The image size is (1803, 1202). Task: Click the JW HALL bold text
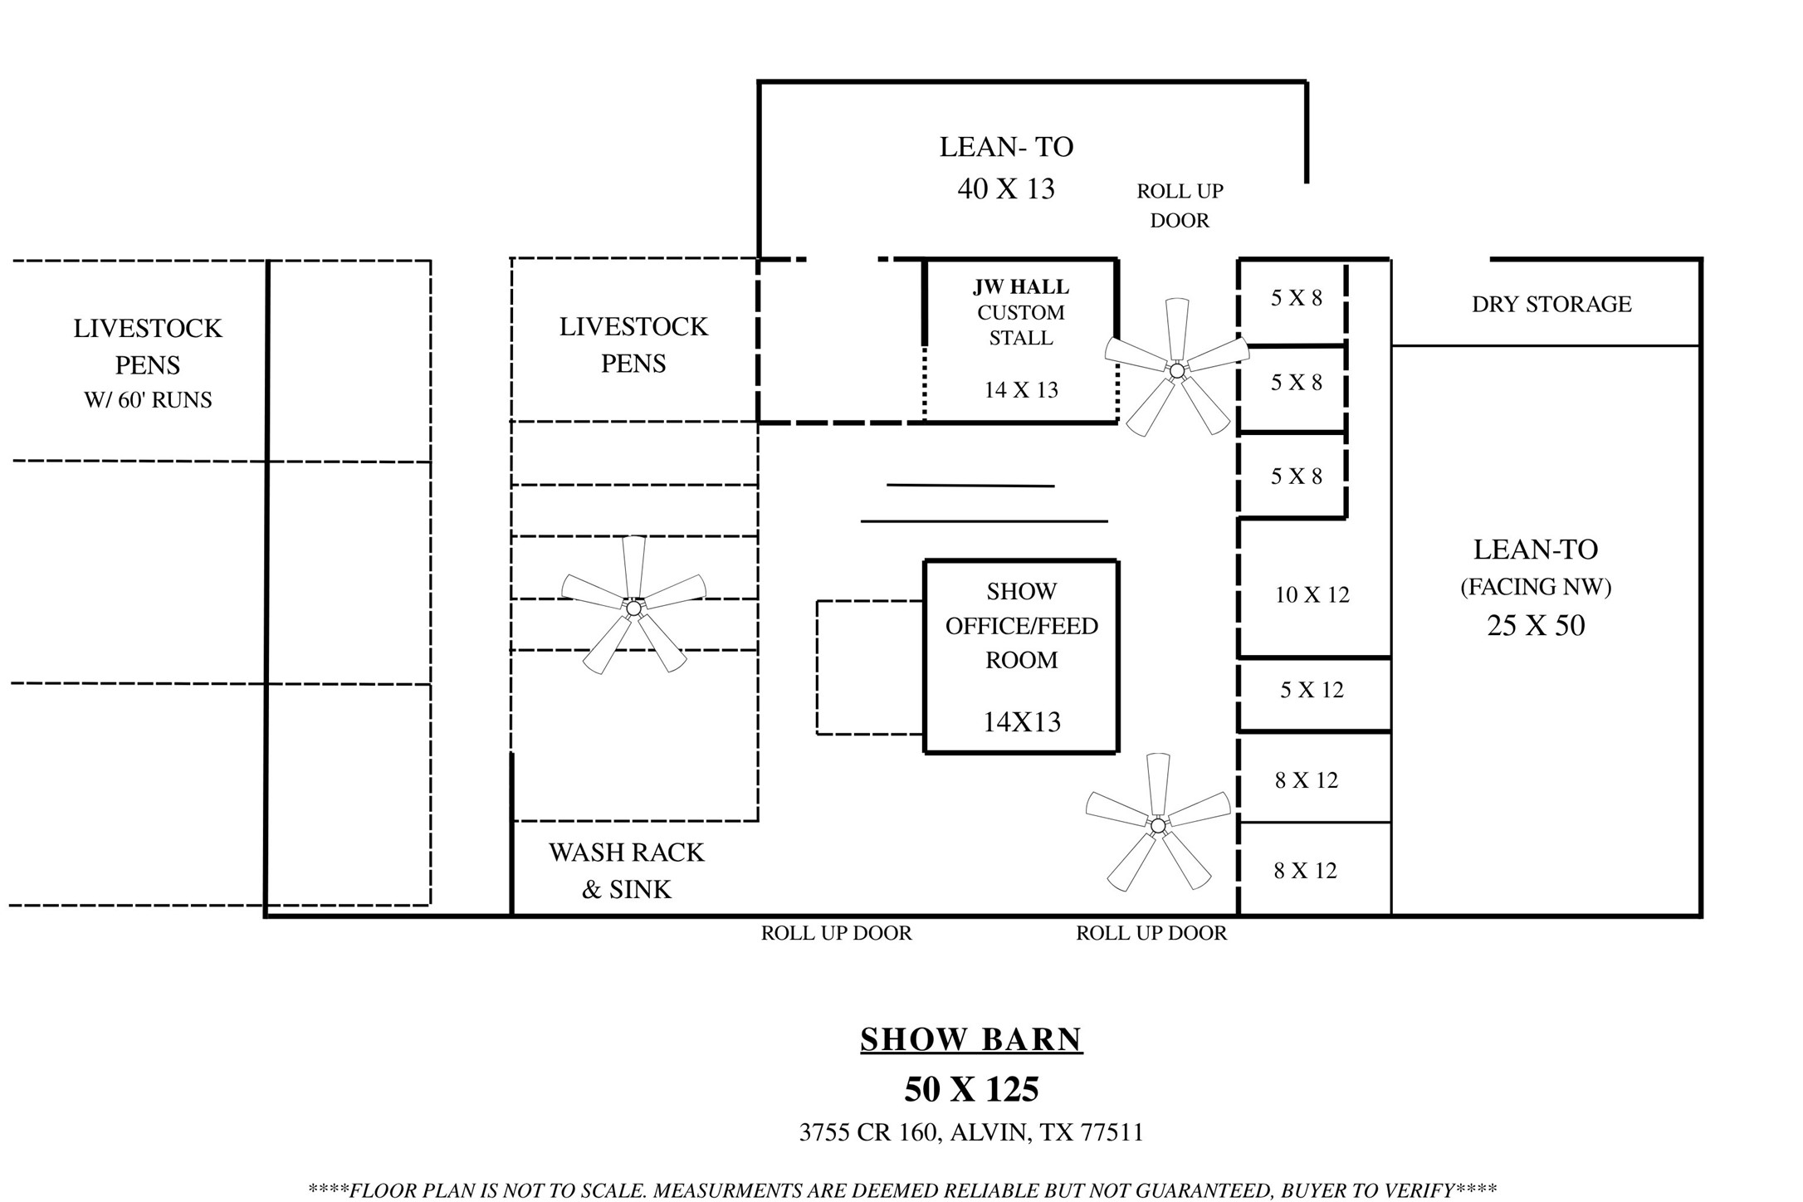[x=1021, y=287]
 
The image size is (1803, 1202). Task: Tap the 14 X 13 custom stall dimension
[x=1021, y=390]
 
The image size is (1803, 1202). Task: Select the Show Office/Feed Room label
[x=1022, y=626]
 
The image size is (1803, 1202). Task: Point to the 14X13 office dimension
[x=1022, y=722]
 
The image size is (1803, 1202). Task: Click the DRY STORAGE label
[x=1551, y=304]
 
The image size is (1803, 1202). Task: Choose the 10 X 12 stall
[x=1312, y=594]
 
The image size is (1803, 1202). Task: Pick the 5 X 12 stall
[x=1312, y=690]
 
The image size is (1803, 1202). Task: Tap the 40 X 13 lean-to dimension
[x=1006, y=188]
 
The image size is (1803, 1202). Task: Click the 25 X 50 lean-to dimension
[x=1536, y=625]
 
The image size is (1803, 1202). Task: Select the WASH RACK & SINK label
[x=627, y=871]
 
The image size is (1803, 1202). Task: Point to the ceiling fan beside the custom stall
[x=1177, y=369]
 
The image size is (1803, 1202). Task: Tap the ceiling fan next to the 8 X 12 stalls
[x=1158, y=823]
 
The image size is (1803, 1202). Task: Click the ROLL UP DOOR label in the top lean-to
[x=1180, y=206]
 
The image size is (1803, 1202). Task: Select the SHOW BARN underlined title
[x=971, y=1039]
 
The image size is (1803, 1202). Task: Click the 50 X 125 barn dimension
[x=971, y=1089]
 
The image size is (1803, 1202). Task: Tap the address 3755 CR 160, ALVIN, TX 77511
[x=971, y=1132]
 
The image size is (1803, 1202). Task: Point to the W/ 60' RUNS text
[x=148, y=400]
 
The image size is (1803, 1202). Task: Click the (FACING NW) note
[x=1536, y=587]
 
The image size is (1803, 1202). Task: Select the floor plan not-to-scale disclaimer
[x=902, y=1190]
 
